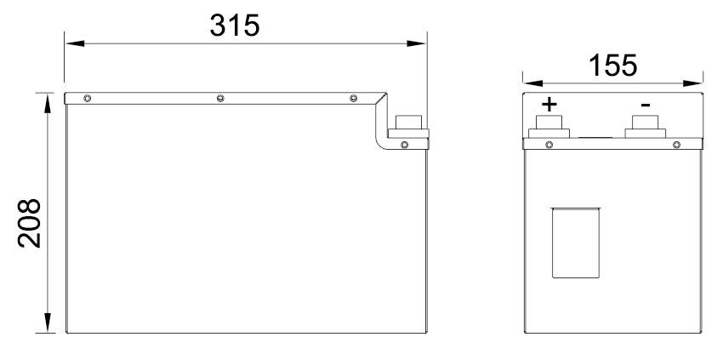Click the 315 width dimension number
pyautogui.click(x=235, y=25)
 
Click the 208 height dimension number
pyautogui.click(x=30, y=223)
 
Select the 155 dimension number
pyautogui.click(x=612, y=66)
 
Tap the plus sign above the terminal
pyautogui.click(x=549, y=105)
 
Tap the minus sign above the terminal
pyautogui.click(x=646, y=106)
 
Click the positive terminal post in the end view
pyautogui.click(x=549, y=127)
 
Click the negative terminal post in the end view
pyautogui.click(x=645, y=127)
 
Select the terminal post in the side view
pyautogui.click(x=408, y=127)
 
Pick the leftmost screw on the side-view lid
pyautogui.click(x=87, y=99)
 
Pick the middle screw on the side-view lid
pyautogui.click(x=220, y=99)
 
